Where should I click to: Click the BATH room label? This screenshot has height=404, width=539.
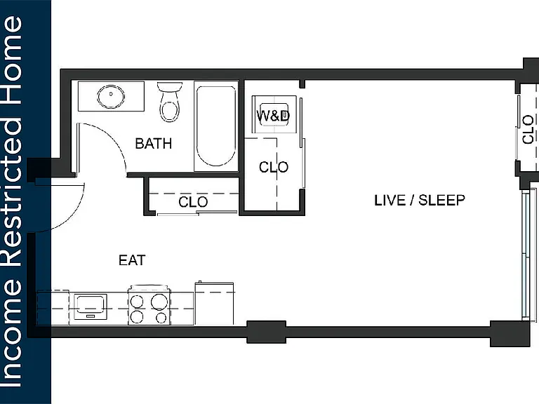point(153,144)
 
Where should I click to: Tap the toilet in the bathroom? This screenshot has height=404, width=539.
point(169,102)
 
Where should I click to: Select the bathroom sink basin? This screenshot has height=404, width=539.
point(111,96)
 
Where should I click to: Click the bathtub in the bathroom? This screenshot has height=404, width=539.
point(216,126)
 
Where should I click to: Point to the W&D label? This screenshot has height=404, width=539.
point(273,116)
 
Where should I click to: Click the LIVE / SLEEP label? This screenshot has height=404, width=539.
point(420,201)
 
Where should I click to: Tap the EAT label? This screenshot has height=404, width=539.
point(132,260)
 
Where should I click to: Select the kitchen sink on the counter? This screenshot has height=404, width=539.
point(91,307)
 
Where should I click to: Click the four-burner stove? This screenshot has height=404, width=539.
point(149,305)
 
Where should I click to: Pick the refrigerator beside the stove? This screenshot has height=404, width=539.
point(214,304)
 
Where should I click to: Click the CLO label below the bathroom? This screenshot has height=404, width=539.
point(193,202)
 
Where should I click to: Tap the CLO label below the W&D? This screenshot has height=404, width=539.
point(274,168)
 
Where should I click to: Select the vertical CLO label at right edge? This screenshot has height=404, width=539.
point(528,130)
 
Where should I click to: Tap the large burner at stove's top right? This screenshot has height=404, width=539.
point(159,302)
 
